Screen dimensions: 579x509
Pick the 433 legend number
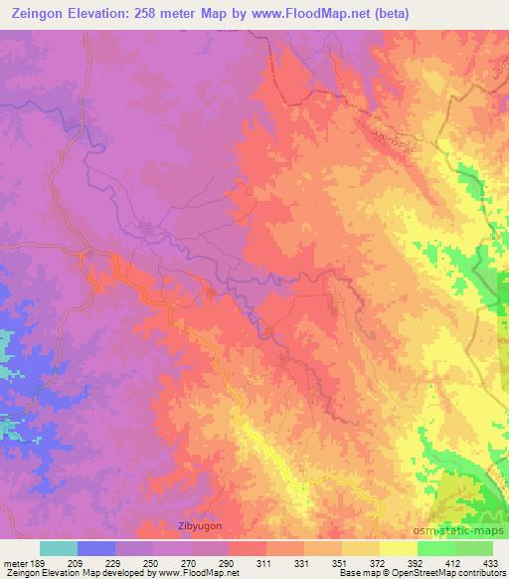click(x=492, y=563)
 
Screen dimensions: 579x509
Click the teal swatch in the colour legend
click(x=59, y=548)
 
